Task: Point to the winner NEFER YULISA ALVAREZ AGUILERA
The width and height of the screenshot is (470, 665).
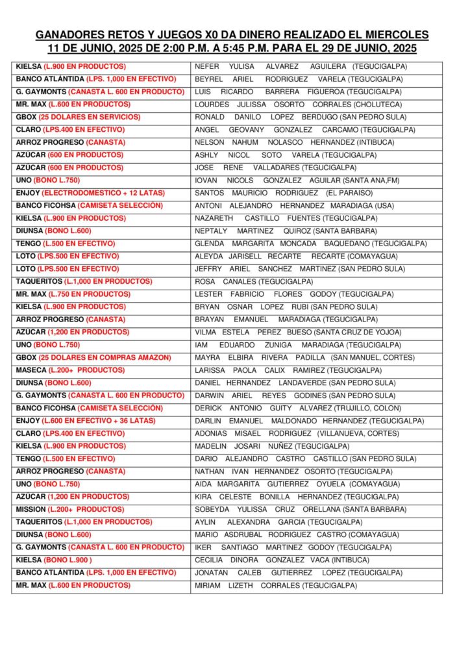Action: [x=272, y=66]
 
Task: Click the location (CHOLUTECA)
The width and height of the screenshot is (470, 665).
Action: [x=377, y=105]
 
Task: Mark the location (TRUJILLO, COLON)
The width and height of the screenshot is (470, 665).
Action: [x=369, y=408]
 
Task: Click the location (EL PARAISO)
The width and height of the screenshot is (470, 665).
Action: [x=349, y=193]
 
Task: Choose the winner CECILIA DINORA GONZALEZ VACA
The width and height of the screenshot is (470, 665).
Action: [x=273, y=560]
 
